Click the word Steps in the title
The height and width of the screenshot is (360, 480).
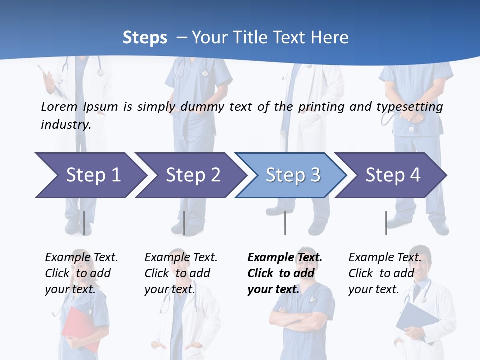tap(145, 37)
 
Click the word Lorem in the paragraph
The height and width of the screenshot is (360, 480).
tap(59, 106)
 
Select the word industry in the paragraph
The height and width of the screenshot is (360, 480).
tap(66, 124)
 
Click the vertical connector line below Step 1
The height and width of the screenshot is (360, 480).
tap(84, 223)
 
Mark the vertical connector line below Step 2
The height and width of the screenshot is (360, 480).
tap(184, 223)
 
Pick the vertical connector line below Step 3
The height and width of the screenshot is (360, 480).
tap(285, 223)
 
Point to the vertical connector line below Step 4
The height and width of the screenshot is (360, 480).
tap(386, 223)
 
